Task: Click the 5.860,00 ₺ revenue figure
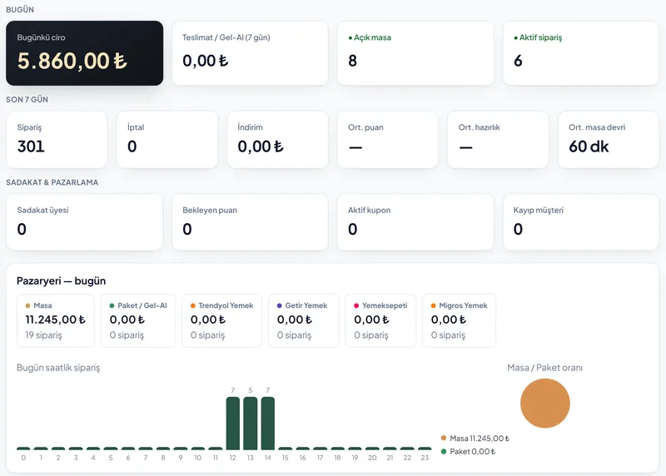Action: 72,61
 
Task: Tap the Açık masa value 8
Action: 352,61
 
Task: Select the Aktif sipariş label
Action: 540,37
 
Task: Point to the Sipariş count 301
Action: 31,146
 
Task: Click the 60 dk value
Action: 589,146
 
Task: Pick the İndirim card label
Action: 251,127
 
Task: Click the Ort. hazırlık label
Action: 480,127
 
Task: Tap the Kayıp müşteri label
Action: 538,211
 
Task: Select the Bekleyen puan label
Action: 210,211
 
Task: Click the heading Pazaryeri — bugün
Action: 61,280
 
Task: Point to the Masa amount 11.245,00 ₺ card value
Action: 55,320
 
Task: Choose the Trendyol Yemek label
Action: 226,305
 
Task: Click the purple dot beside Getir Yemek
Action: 280,305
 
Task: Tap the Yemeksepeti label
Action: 385,305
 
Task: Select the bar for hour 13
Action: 251,424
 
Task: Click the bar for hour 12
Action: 233,424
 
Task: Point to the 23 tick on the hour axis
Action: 425,458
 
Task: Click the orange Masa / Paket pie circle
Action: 545,404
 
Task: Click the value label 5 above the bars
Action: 251,390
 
